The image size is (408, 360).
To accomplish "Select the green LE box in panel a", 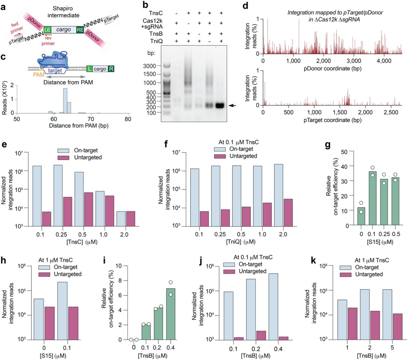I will coord(47,30).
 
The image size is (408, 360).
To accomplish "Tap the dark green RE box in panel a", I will coord(80,30).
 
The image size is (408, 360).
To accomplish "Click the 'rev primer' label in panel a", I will coord(48,41).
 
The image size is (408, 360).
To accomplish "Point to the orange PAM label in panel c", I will coord(39,75).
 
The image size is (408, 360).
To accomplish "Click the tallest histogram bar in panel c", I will coord(65,101).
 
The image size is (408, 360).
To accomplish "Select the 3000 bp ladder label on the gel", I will coord(149,66).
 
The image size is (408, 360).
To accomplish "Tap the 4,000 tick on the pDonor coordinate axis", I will coord(384,61).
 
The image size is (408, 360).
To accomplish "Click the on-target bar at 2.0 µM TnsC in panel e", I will coord(121,219).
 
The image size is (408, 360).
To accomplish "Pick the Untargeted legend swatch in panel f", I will coord(220,156).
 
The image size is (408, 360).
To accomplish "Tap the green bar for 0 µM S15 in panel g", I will coord(361,216).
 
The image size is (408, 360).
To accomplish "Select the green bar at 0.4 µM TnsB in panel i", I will coord(171,314).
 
